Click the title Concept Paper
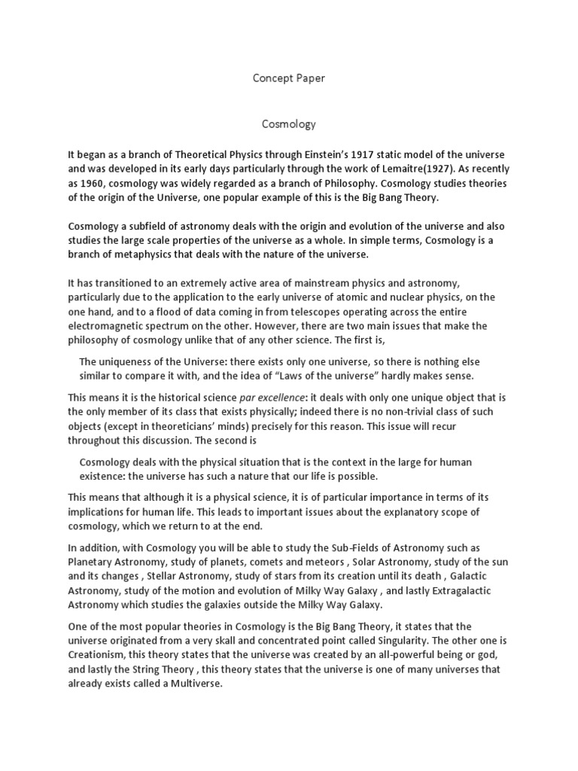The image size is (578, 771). pyautogui.click(x=288, y=78)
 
